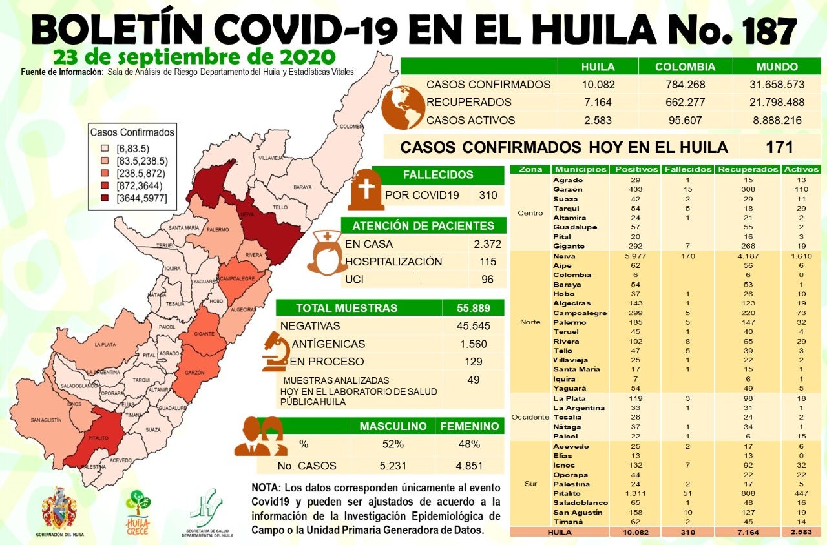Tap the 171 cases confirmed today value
tap(779, 147)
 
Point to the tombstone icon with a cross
tap(366, 190)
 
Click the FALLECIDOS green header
tap(438, 175)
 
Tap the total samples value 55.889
tap(473, 308)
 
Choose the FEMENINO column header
tap(469, 426)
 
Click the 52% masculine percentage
tap(392, 444)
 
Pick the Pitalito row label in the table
tap(567, 493)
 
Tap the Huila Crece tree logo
tap(138, 507)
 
